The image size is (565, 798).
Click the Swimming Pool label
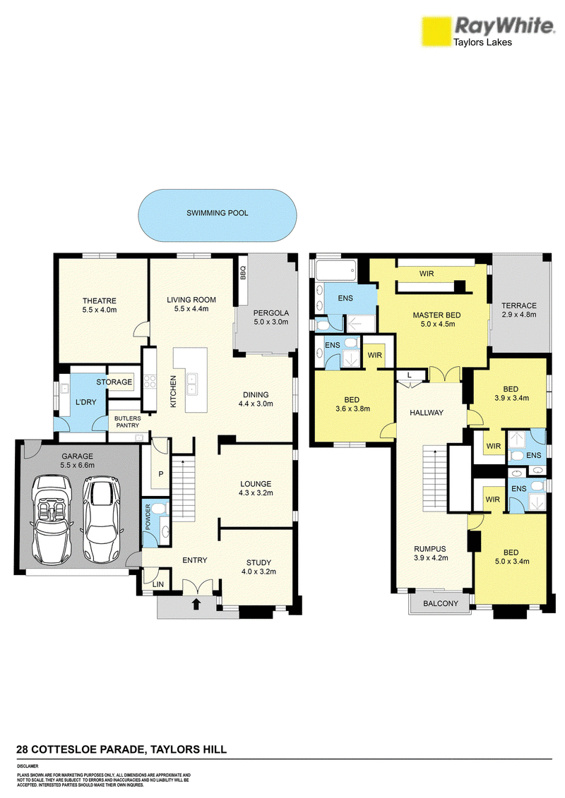coord(217,213)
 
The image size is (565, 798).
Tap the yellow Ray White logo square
coord(436,31)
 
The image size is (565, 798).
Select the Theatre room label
coord(100,301)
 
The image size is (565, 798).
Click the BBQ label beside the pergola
coord(243,273)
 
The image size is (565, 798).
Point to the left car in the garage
coord(51,517)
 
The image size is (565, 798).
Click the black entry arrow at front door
coord(196,604)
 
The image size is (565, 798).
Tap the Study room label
coord(258,562)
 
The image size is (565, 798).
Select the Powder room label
coord(148,518)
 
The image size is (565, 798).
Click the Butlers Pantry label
coord(127,421)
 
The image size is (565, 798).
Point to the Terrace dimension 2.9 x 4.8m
coord(519,315)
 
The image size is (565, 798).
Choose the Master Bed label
coord(436,315)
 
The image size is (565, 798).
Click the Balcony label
coord(441,603)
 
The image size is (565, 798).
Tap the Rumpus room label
coord(430,549)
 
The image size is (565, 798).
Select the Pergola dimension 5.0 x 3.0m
coord(271,322)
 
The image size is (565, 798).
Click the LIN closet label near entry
coord(158,584)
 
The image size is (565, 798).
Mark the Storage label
coord(114,382)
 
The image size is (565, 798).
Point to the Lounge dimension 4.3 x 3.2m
coord(256,492)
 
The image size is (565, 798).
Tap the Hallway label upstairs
coord(427,413)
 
